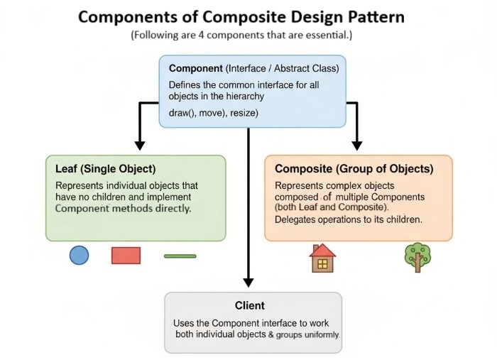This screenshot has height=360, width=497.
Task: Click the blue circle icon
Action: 79,255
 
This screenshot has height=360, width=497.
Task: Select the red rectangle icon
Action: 126,255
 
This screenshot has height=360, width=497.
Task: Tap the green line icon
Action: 180,256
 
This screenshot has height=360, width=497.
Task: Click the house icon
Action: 322,258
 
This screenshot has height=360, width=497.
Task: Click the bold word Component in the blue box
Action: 195,69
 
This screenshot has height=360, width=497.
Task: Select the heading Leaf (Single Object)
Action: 105,169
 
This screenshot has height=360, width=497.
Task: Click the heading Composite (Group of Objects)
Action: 354,169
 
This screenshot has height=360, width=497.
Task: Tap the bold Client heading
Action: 249,305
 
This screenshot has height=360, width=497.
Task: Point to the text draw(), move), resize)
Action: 213,113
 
